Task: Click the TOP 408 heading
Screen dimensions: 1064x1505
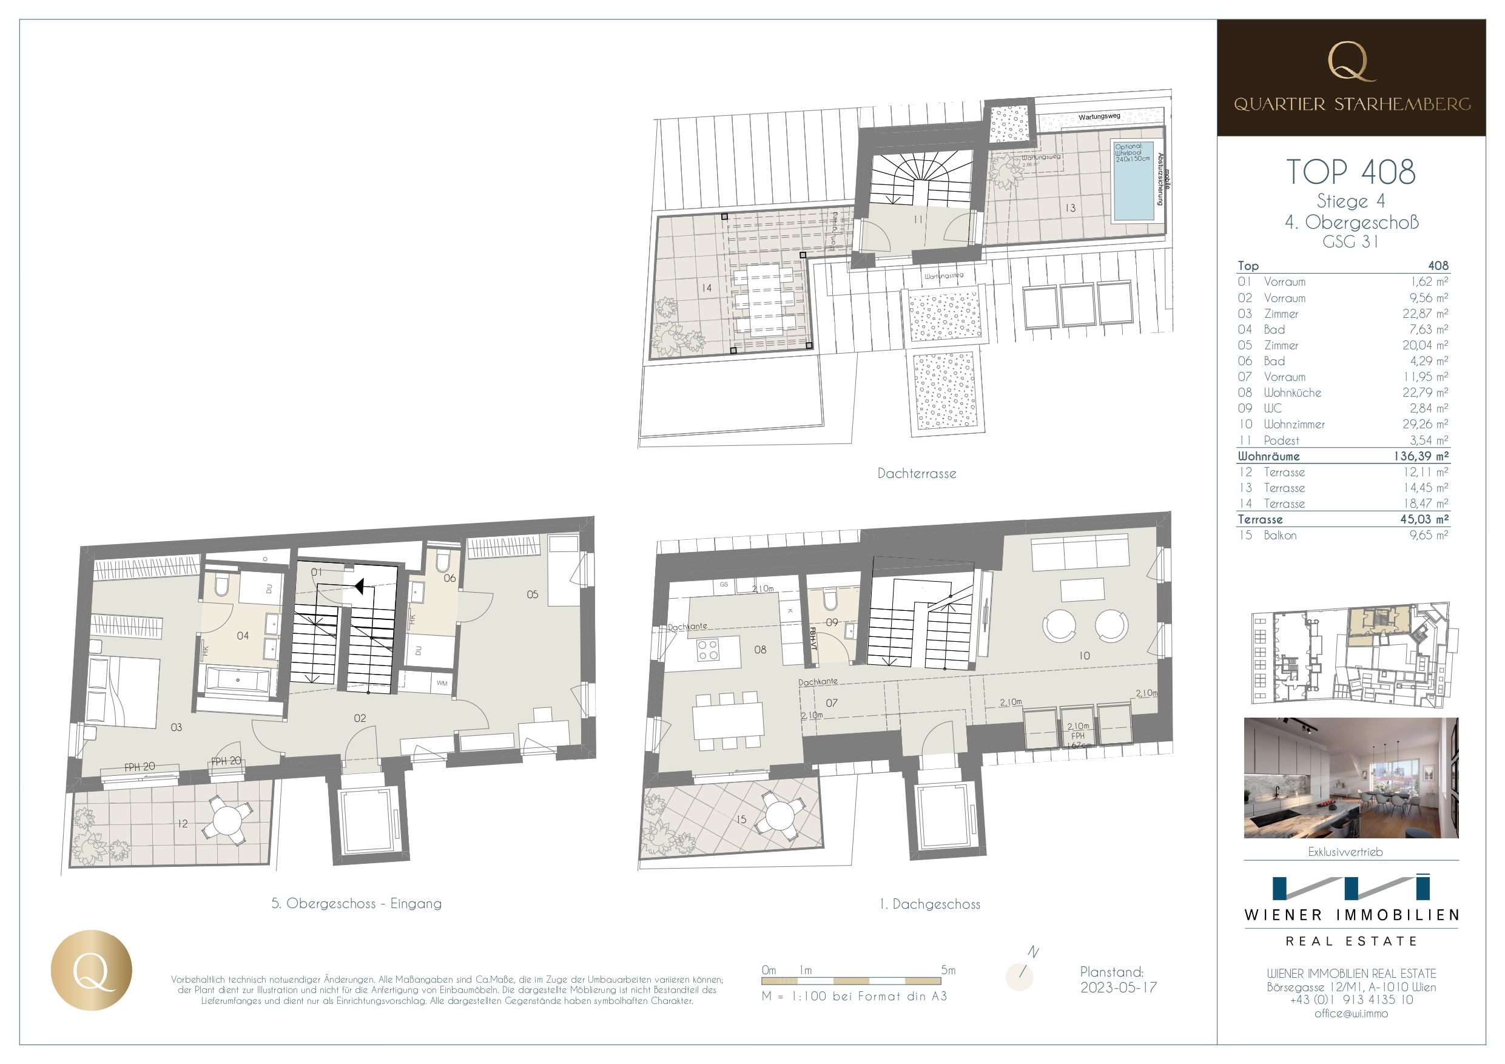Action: (1350, 172)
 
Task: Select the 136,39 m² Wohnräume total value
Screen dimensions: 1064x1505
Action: (1421, 456)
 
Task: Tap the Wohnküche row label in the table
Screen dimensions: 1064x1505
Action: (1292, 392)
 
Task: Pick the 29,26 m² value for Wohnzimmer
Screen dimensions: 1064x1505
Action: (1425, 424)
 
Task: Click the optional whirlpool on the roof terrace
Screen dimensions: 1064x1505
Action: (1133, 180)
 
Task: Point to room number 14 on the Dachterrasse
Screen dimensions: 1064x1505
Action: (706, 288)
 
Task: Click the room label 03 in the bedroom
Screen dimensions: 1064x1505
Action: (177, 727)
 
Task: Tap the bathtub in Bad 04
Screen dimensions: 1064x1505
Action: (237, 681)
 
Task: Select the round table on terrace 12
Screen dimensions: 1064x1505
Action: (227, 820)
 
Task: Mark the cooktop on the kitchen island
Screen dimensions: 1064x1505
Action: (707, 650)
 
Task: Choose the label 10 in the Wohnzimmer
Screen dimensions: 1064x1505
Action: (1085, 656)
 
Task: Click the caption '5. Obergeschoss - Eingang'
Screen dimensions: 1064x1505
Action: (357, 903)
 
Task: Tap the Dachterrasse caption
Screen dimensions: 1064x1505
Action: (917, 473)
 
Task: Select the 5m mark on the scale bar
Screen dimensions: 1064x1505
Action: (948, 970)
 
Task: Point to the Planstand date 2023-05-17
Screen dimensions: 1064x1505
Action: (1118, 988)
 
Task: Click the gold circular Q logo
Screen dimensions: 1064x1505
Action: (91, 969)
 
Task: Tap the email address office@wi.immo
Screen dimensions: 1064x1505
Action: (1351, 1014)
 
